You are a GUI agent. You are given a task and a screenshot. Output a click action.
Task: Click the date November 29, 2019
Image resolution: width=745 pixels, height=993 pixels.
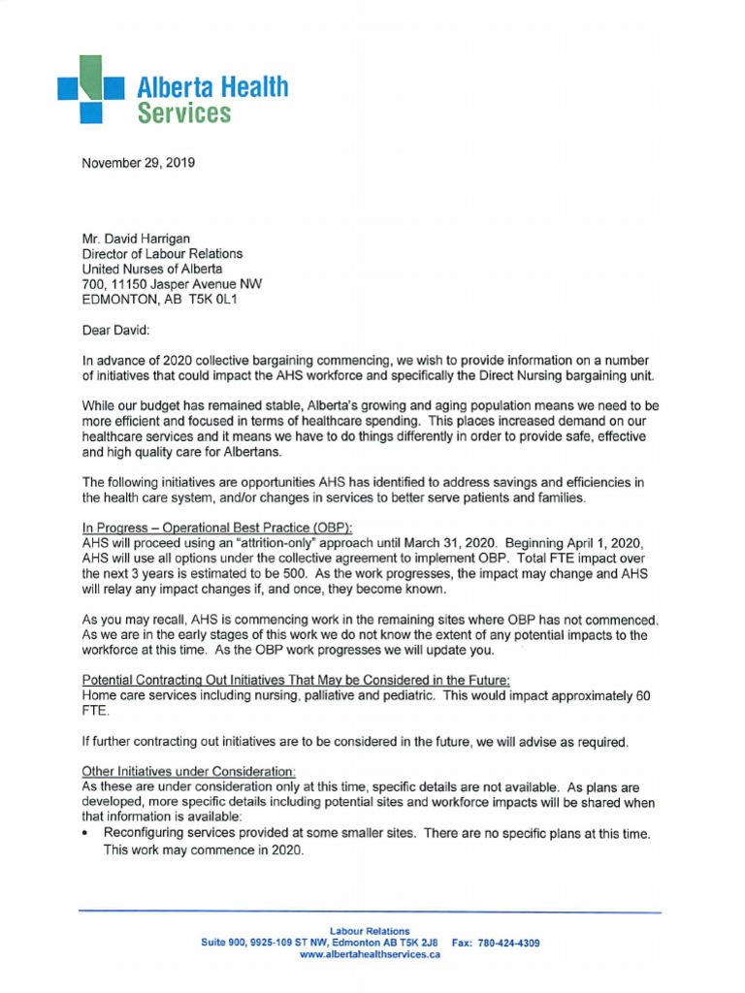point(139,163)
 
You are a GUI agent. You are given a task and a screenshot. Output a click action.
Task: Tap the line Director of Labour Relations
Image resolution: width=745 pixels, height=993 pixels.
point(162,254)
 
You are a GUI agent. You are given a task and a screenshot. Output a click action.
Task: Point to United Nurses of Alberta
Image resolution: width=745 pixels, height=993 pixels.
point(152,269)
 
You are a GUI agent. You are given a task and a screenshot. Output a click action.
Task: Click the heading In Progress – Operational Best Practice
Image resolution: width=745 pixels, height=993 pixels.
point(216,526)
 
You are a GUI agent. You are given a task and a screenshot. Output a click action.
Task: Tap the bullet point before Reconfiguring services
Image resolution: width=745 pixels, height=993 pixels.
point(88,834)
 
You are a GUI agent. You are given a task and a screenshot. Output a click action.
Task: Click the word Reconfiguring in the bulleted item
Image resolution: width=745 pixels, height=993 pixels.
point(147,834)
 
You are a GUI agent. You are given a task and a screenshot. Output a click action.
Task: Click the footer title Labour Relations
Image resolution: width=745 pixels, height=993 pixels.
point(370,930)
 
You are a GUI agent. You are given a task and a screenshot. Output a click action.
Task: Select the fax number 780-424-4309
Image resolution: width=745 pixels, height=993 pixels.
point(504,943)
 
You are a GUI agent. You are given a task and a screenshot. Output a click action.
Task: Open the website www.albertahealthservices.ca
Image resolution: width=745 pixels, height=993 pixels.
point(370,955)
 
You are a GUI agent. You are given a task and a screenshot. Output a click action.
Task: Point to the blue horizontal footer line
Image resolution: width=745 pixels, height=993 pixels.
point(369,913)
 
